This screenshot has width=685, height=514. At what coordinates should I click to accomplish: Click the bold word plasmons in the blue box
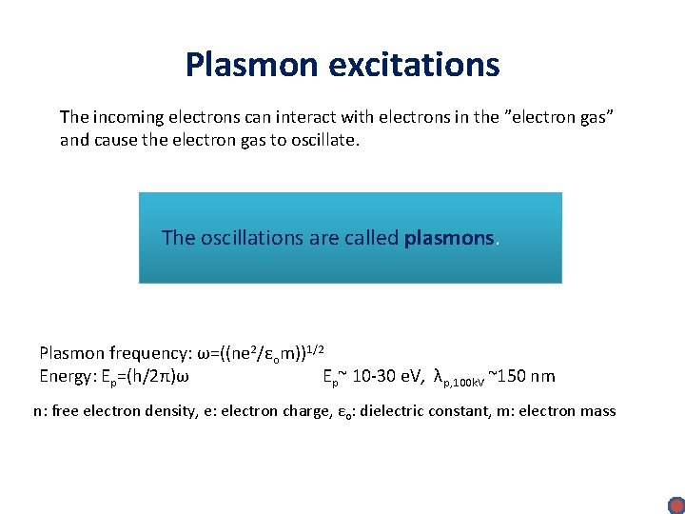[x=449, y=237]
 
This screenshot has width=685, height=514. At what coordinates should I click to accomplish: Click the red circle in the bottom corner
[x=675, y=504]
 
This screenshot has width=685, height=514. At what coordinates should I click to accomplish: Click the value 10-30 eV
[x=385, y=376]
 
